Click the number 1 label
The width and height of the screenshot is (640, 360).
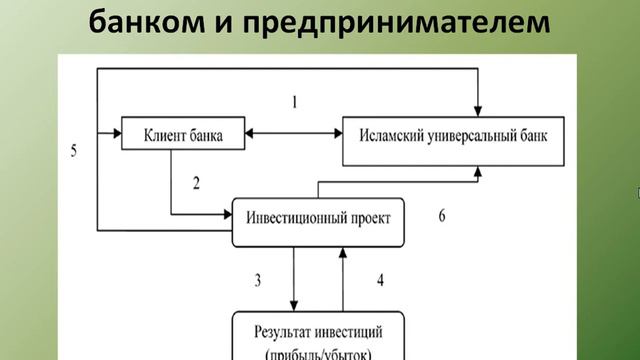point(295,102)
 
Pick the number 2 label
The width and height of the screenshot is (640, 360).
point(195,182)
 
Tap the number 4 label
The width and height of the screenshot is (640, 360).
point(379,281)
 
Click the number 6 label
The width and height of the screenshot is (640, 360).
point(443,215)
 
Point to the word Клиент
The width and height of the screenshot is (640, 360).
point(164,133)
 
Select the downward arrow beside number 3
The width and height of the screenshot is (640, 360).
point(293,280)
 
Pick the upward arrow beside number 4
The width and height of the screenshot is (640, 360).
point(343,280)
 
